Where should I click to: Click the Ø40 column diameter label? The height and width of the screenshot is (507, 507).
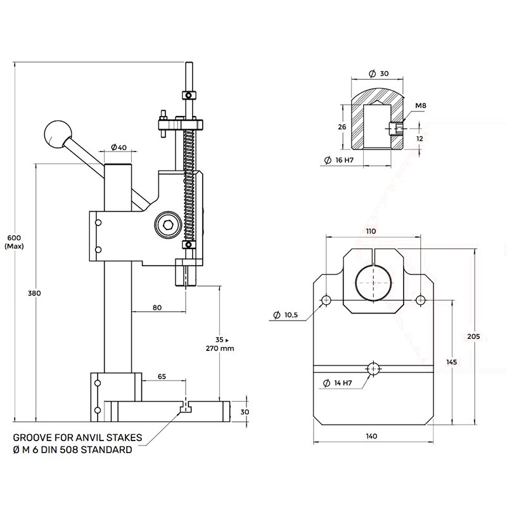pyautogui.click(x=119, y=148)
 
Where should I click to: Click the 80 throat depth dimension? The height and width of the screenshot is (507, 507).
pyautogui.click(x=157, y=307)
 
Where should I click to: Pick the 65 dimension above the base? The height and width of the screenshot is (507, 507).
pyautogui.click(x=162, y=376)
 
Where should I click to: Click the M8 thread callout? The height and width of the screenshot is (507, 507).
pyautogui.click(x=421, y=105)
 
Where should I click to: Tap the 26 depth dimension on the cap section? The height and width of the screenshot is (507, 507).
pyautogui.click(x=343, y=127)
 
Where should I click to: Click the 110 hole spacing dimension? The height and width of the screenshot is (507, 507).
pyautogui.click(x=371, y=231)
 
